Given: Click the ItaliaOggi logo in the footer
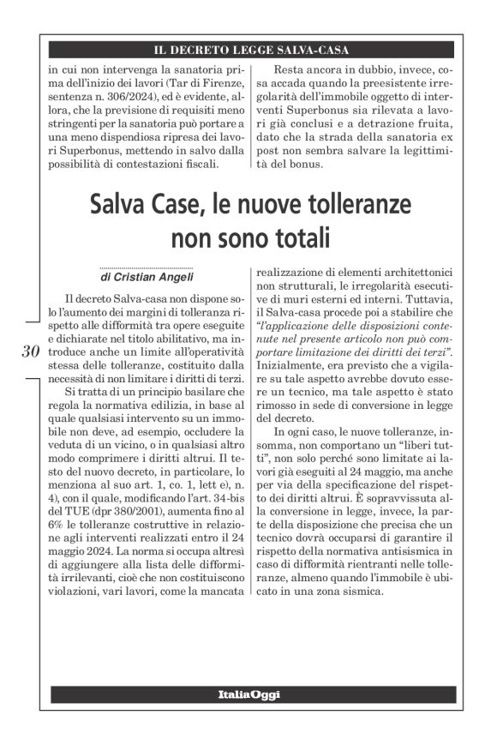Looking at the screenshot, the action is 248,694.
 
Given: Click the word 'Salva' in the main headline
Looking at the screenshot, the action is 120,206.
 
